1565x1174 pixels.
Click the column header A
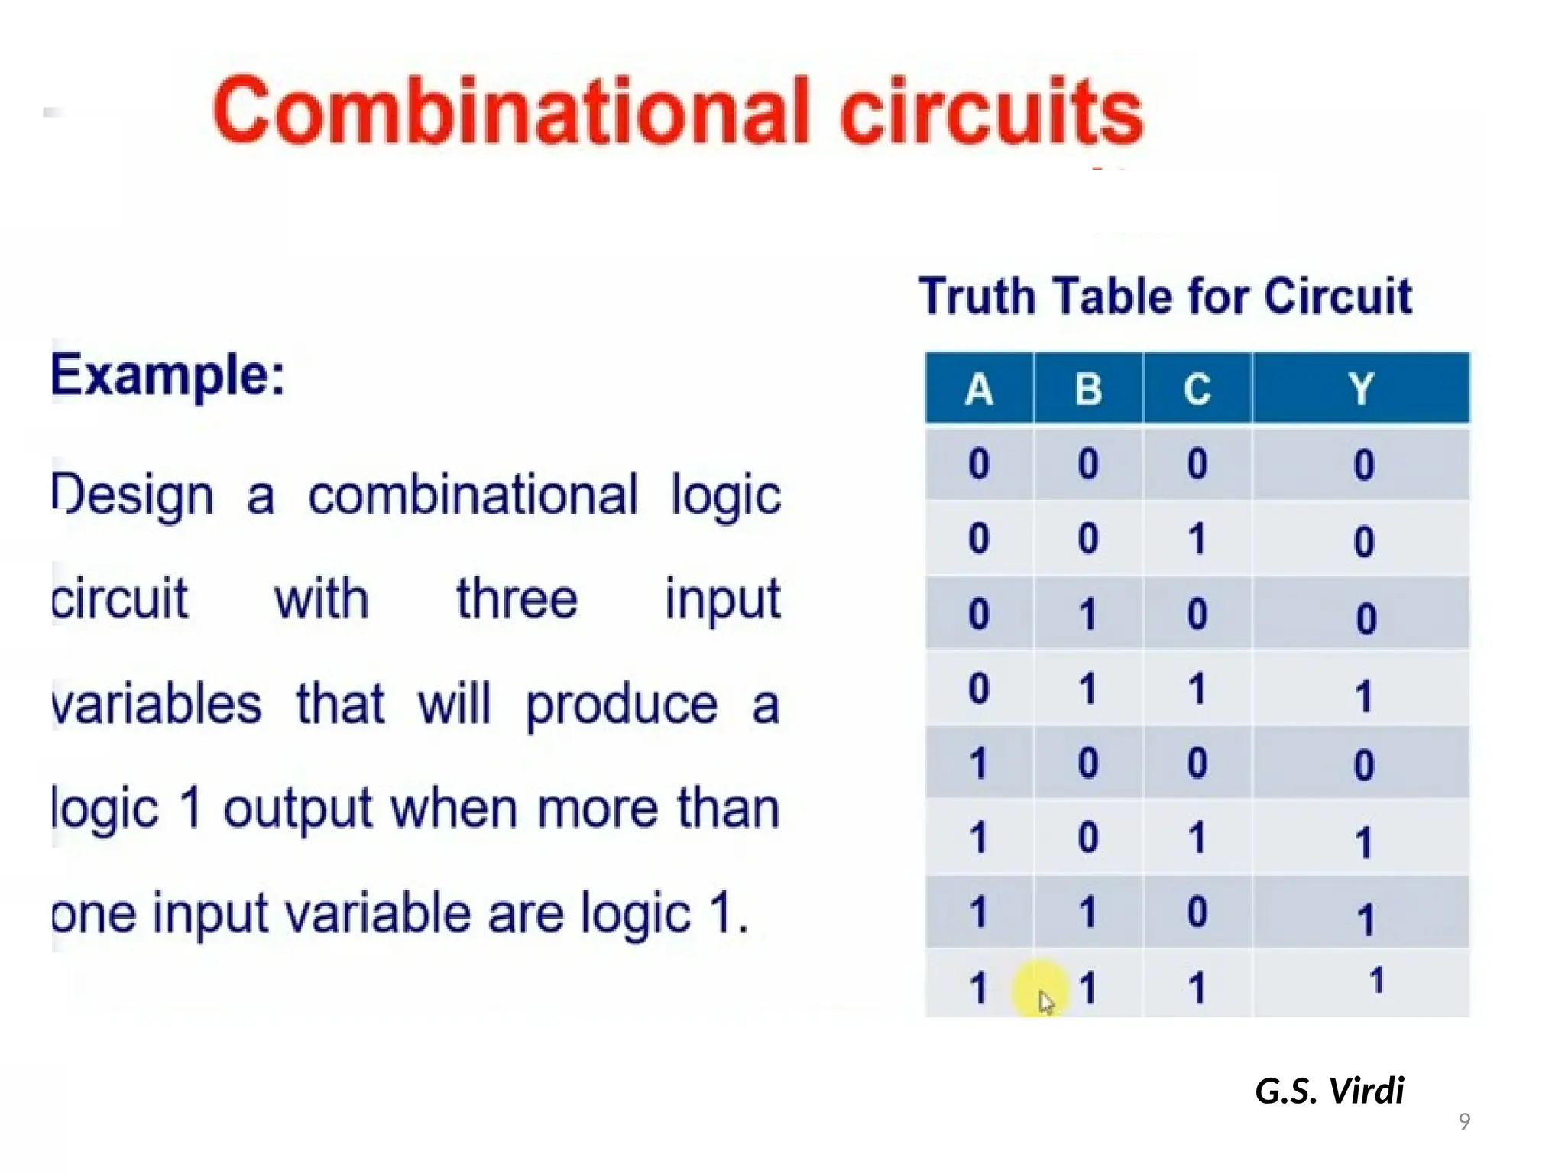[x=979, y=389]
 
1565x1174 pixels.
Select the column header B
[x=1088, y=389]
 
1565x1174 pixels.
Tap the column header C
[x=1197, y=389]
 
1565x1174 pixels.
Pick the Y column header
[x=1361, y=389]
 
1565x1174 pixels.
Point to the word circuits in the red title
[x=991, y=112]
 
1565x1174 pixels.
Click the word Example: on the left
[x=168, y=376]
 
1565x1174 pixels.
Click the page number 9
[x=1464, y=1121]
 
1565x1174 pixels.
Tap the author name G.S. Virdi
[x=1329, y=1091]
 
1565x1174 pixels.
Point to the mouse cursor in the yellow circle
[x=1045, y=1001]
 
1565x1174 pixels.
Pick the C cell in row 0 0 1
[x=1197, y=539]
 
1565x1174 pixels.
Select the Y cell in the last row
[x=1376, y=981]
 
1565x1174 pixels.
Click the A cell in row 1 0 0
[x=979, y=764]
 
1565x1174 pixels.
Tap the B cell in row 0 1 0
[x=1088, y=614]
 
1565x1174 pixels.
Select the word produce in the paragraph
[x=621, y=705]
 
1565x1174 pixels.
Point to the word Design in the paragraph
[x=133, y=495]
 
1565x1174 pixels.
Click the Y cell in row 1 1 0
[x=1365, y=919]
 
